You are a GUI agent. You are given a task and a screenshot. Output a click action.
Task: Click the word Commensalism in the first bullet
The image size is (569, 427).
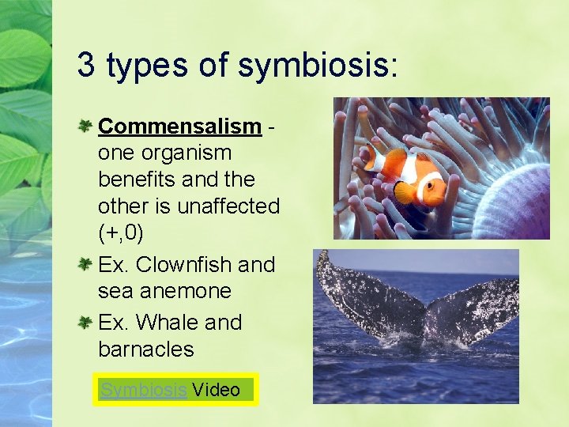[x=179, y=126]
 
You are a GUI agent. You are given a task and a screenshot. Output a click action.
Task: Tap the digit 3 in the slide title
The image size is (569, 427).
[x=85, y=66]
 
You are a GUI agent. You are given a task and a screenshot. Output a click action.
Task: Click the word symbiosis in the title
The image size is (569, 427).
[x=313, y=66]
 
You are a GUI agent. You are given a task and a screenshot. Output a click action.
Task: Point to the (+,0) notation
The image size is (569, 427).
[x=121, y=234]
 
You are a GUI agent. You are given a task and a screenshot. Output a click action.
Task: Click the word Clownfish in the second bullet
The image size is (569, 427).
[x=184, y=264]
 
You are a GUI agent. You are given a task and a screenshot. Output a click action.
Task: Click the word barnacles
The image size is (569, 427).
[x=145, y=350]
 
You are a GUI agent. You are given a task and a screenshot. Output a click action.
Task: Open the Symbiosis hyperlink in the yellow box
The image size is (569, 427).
[x=143, y=390]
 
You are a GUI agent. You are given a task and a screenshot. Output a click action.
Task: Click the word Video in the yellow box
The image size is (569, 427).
[x=216, y=390]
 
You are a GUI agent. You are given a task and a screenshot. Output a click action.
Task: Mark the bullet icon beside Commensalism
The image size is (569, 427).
[x=86, y=125]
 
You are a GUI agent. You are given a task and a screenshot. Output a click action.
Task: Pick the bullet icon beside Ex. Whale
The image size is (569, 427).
[x=86, y=322]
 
